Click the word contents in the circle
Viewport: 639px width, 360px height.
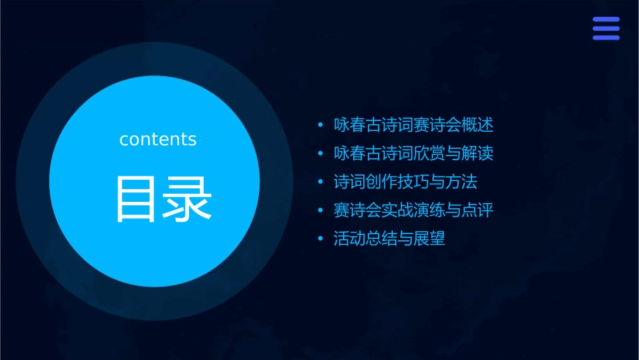[x=158, y=139]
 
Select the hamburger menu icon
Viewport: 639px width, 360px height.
[x=606, y=28]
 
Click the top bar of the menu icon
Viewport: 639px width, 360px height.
[x=606, y=20]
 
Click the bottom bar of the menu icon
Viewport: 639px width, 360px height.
[x=606, y=38]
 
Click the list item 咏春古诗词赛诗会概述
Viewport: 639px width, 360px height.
[x=414, y=125]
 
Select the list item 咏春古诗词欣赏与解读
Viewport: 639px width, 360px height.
[x=414, y=153]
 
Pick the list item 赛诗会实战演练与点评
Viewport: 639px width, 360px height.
[x=414, y=210]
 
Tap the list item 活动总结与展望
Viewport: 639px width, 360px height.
[x=389, y=238]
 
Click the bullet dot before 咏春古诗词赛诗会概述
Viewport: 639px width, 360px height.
[x=319, y=126]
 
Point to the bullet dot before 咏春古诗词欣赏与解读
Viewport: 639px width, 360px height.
[x=319, y=154]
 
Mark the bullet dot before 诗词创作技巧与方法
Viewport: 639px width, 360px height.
[x=319, y=182]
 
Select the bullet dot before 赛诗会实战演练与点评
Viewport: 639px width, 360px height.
[x=319, y=211]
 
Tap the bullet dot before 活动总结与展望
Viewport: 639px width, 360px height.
[x=319, y=239]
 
